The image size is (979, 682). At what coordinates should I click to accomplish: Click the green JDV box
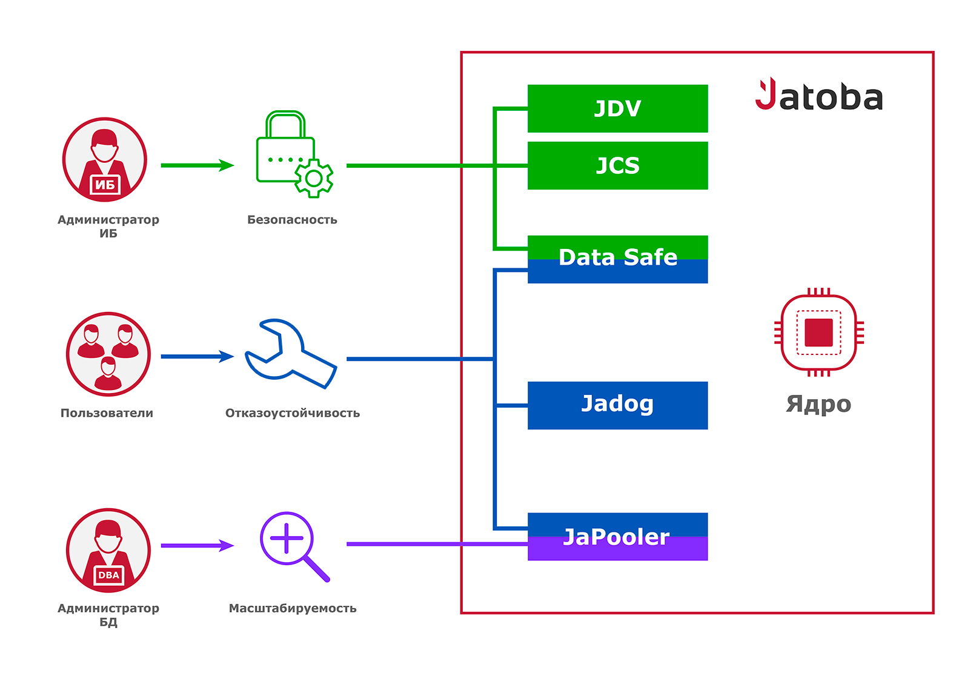coord(617,108)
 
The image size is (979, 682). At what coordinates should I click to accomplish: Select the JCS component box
coord(617,165)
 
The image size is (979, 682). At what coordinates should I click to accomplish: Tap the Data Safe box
coord(617,259)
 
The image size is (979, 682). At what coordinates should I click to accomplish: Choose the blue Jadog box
coord(617,405)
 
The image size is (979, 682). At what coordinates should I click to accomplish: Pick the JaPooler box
coord(617,537)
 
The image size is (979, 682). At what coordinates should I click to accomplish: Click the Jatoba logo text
coord(819,96)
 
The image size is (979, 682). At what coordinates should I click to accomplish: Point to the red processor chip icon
coord(819,332)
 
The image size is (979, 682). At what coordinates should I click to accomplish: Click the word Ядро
coord(818,404)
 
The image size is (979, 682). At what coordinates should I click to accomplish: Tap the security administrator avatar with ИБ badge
coord(105,160)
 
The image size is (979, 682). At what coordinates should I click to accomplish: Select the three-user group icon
coord(108,354)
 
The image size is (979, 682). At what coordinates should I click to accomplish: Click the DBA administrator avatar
coord(108,550)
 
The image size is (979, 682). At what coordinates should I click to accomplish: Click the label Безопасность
coord(292,220)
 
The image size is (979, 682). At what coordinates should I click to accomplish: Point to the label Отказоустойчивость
coord(293,413)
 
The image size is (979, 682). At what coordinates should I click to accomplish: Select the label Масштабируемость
coord(293,608)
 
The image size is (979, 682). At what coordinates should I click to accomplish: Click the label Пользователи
coord(107,413)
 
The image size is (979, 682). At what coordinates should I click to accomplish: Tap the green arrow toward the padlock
coord(197,165)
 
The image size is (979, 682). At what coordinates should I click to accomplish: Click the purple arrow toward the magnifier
coord(197,546)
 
